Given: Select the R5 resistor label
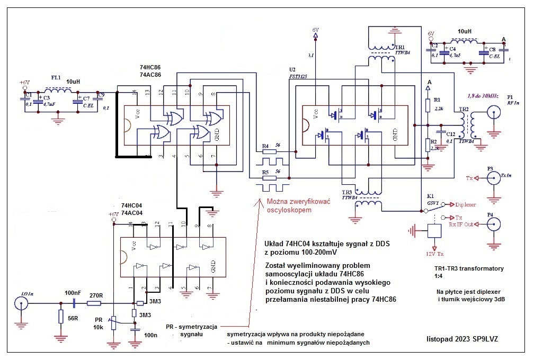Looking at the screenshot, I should pos(265,172).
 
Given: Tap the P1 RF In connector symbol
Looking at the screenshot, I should pos(494,114).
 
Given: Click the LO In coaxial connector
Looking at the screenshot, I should pos(21,303).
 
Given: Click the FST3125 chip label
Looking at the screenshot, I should pos(299,76).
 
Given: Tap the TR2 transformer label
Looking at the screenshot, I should pos(464,109).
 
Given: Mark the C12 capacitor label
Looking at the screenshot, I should pos(451,134).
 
